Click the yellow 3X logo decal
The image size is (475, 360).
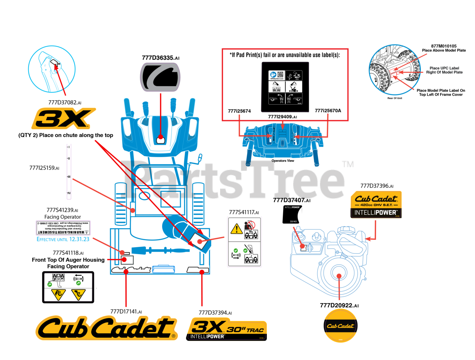click(63, 118)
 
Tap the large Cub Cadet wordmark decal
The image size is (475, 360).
click(106, 327)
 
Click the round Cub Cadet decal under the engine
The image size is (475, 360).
click(340, 325)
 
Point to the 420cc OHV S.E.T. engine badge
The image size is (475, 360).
click(376, 204)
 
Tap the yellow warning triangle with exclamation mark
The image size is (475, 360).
click(236, 229)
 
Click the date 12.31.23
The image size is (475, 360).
click(79, 239)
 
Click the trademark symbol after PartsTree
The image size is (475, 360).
click(347, 164)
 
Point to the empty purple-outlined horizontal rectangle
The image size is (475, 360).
click(63, 228)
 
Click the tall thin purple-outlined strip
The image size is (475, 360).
click(69, 171)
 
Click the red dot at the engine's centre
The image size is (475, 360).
click(339, 276)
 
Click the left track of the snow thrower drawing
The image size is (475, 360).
click(121, 204)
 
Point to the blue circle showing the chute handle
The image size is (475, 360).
click(52, 69)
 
